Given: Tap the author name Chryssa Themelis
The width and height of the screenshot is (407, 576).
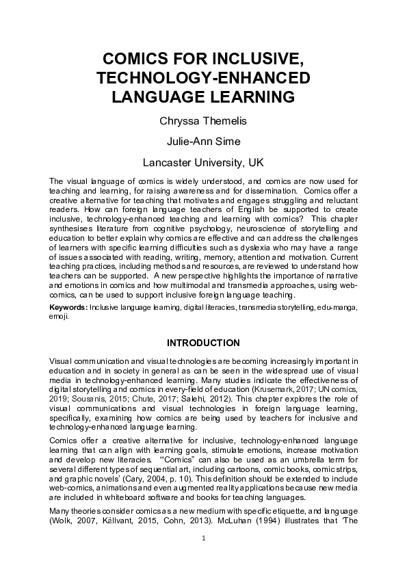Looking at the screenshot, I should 203,122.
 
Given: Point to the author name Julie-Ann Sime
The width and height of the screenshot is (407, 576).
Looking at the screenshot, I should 203,143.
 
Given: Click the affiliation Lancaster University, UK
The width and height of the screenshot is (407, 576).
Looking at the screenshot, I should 203,164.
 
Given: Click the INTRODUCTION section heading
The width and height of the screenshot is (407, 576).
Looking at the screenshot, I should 203,342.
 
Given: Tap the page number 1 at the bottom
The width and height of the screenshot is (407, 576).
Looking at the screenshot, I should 203,558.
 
